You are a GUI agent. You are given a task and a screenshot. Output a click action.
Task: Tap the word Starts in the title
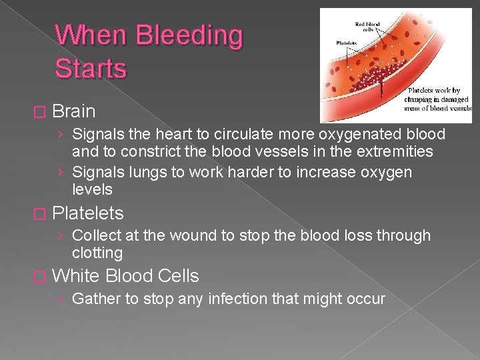tap(91, 68)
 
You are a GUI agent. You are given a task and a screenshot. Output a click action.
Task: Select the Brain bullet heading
tap(73, 111)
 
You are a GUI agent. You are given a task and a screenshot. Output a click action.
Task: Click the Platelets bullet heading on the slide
tap(87, 213)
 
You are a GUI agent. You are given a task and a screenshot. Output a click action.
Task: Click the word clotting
tap(97, 253)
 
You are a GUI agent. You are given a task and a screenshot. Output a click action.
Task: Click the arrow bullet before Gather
tap(61, 299)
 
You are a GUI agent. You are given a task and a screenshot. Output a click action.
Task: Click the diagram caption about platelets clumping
tap(437, 99)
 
